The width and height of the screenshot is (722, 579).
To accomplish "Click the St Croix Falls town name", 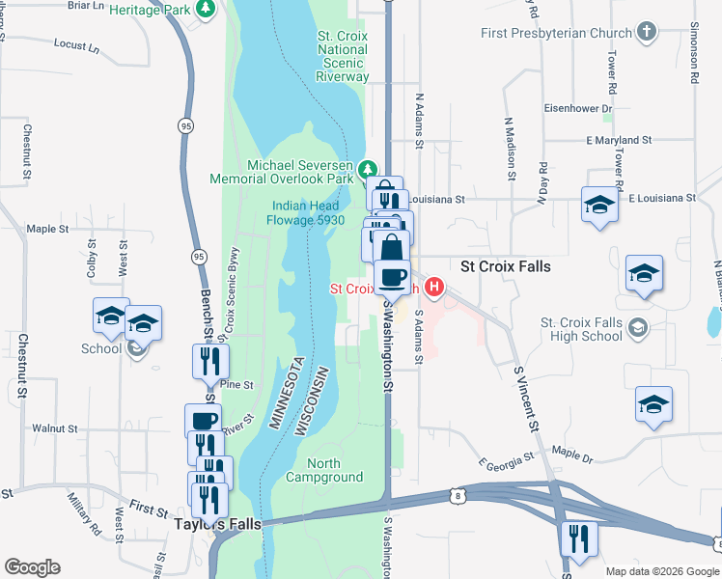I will click(506, 265).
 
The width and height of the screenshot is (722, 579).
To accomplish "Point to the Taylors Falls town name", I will click(217, 524).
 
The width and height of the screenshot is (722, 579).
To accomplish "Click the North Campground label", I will click(324, 470).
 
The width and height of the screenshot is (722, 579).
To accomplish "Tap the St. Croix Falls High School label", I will click(581, 329).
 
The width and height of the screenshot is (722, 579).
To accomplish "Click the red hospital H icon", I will click(434, 287).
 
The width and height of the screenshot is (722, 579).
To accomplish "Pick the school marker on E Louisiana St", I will click(599, 205).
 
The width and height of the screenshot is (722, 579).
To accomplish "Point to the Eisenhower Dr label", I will click(579, 108).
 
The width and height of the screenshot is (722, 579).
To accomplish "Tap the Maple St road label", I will click(48, 229).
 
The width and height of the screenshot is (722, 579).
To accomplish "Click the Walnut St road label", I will click(54, 427).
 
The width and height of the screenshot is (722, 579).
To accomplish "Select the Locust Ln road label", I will click(77, 44).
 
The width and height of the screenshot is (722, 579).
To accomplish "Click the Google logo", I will click(32, 567).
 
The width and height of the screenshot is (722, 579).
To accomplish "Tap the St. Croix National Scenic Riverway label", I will click(343, 56).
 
